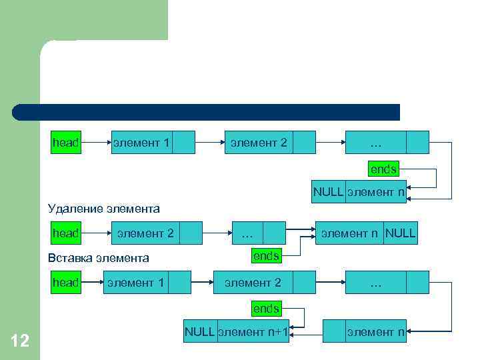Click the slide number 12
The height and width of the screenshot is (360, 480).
(x=20, y=341)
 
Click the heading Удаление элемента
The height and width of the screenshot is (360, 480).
(x=104, y=209)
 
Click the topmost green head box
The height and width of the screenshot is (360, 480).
(x=66, y=143)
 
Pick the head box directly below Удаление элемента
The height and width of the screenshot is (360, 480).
(x=66, y=233)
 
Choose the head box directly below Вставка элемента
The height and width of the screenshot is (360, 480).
(x=66, y=283)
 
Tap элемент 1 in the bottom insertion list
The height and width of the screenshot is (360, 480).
(x=135, y=283)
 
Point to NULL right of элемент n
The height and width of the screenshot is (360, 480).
(x=401, y=233)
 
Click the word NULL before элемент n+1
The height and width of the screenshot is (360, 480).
(x=199, y=331)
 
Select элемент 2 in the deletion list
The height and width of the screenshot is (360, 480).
(x=145, y=233)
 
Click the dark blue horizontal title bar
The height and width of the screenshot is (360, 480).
(x=206, y=112)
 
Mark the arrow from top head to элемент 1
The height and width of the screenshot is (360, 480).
(x=95, y=143)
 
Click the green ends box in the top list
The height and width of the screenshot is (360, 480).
(x=383, y=169)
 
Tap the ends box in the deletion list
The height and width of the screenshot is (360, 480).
(x=266, y=255)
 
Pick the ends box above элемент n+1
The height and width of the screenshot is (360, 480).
(x=266, y=309)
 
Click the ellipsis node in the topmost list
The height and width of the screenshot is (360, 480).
(x=375, y=143)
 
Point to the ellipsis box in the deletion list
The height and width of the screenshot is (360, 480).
(x=247, y=233)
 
